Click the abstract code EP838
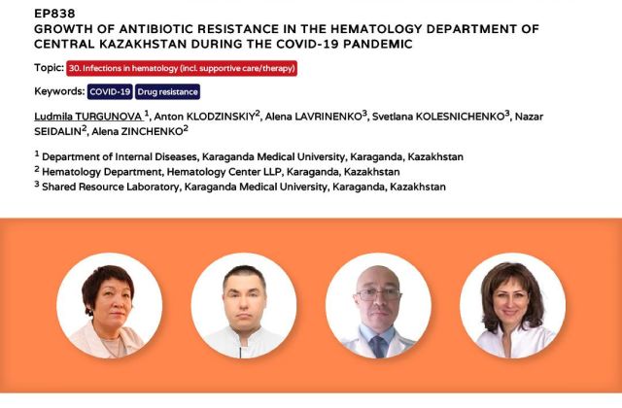pyautogui.click(x=54, y=14)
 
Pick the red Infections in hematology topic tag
pyautogui.click(x=182, y=68)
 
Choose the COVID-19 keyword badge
pyautogui.click(x=110, y=91)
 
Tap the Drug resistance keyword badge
pyautogui.click(x=167, y=91)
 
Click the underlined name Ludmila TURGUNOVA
pyautogui.click(x=88, y=117)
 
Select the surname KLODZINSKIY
pyautogui.click(x=221, y=117)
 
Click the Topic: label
pyautogui.click(x=50, y=68)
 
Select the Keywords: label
pyautogui.click(x=59, y=91)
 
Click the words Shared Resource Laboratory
pyautogui.click(x=110, y=187)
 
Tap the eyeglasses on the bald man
pyautogui.click(x=379, y=293)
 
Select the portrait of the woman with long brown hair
pyautogui.click(x=513, y=306)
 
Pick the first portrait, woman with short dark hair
pyautogui.click(x=110, y=306)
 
